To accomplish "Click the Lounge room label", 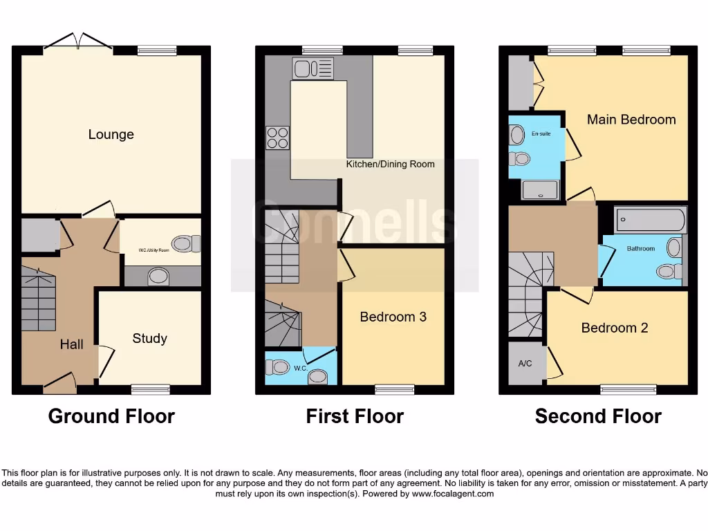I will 111,134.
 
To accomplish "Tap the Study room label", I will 149,338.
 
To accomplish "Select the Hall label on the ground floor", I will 71,344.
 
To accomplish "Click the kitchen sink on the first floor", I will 313,68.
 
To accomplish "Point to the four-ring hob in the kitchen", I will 277,138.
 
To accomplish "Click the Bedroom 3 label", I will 393,317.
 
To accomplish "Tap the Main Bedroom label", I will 631,119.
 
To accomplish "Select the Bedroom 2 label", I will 614,328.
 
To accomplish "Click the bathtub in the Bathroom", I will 651,221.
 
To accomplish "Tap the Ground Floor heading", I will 111,416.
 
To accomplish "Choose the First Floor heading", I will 354,416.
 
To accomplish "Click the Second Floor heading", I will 597,416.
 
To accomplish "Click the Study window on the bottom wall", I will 150,389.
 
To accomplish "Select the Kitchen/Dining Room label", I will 390,165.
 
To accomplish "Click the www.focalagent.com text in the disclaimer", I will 454,494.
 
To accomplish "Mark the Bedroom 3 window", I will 394,389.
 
